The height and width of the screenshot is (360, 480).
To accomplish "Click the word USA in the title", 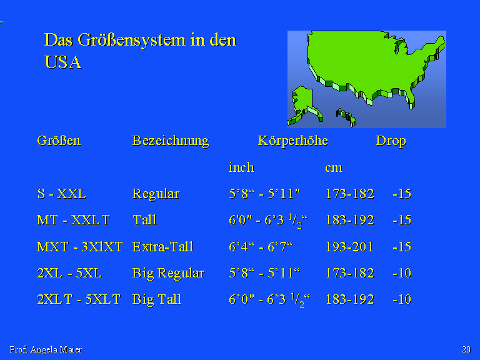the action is (x=62, y=62).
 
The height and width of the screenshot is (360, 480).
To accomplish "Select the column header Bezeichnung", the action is (x=171, y=141).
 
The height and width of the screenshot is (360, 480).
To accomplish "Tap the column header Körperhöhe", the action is (x=293, y=141).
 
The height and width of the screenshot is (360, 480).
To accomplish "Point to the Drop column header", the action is (x=391, y=141).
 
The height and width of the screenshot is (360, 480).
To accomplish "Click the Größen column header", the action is (x=59, y=141).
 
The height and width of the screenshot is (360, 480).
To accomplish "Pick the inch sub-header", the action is (x=241, y=167).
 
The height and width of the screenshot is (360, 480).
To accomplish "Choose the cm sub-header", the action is (x=334, y=168).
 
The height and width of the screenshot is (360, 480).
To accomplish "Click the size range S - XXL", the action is (x=61, y=194).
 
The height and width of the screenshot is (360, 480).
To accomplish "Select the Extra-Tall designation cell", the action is (x=163, y=247).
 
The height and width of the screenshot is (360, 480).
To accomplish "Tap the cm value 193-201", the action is (x=349, y=247).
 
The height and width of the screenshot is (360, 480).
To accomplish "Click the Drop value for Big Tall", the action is (x=402, y=299).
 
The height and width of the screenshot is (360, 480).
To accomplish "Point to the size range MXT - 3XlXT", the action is (x=79, y=247).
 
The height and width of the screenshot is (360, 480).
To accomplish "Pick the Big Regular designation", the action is (x=168, y=273).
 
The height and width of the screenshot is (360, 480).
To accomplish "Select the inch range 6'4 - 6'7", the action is (x=261, y=247).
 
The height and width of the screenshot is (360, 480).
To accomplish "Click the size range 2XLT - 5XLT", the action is (x=79, y=299).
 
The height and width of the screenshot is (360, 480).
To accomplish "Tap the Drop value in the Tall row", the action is (x=402, y=221).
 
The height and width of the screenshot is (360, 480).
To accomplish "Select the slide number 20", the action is (x=466, y=349).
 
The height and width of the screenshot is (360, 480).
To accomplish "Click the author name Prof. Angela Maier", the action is (x=46, y=349).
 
